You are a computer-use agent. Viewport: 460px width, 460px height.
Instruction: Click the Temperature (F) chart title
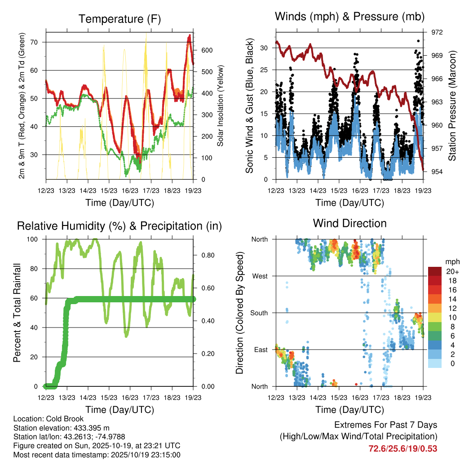[x=119, y=19]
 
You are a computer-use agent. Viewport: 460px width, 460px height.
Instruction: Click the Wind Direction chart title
[x=349, y=223]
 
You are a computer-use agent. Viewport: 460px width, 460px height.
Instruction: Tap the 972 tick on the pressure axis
[x=437, y=32]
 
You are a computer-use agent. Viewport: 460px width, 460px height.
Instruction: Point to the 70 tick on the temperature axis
[x=39, y=42]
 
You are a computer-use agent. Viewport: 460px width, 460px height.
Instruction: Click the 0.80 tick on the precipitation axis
[x=204, y=255]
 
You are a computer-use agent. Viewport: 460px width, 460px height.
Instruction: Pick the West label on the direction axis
[x=260, y=276]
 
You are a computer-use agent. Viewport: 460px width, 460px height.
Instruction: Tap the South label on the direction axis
[x=259, y=313]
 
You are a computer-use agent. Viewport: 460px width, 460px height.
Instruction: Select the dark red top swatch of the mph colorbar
[x=434, y=272]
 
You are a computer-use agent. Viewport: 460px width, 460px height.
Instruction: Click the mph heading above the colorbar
[x=451, y=261]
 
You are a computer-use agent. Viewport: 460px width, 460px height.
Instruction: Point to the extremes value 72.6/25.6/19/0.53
[x=403, y=448]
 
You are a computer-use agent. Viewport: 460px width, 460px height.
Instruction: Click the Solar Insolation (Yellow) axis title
[x=221, y=106]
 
